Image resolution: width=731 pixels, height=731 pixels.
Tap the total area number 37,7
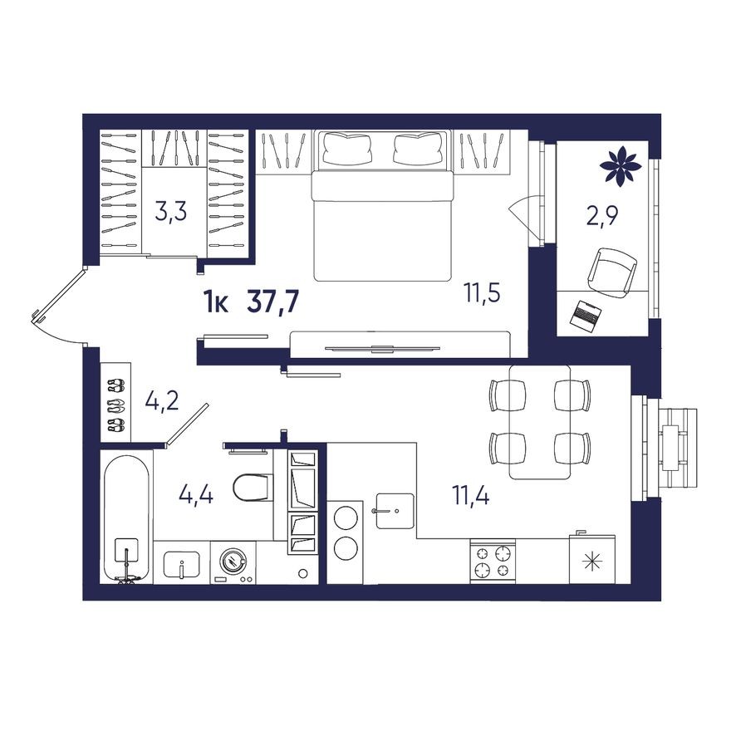(x=272, y=303)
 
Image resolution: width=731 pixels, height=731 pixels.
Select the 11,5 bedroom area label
(x=482, y=293)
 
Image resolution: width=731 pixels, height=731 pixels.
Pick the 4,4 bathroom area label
(x=196, y=496)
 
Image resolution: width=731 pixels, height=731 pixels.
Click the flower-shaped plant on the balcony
(x=620, y=165)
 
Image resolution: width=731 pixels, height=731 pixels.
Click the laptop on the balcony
(x=586, y=315)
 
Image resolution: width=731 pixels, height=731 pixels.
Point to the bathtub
(x=126, y=518)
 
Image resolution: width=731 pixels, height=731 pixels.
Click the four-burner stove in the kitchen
(x=493, y=561)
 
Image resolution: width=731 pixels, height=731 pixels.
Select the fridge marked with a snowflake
(x=593, y=561)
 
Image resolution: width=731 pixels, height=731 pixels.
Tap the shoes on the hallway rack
(x=115, y=405)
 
